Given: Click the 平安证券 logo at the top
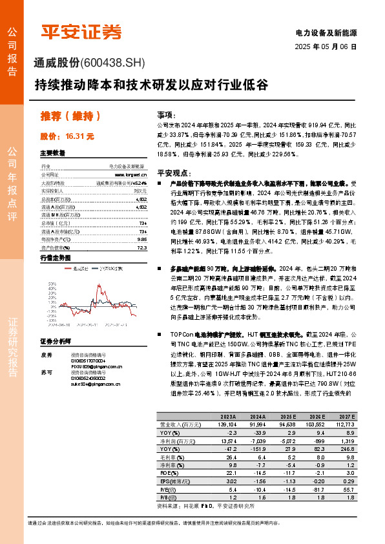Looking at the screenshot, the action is point(81,31).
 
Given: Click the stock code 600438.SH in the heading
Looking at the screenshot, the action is point(115,63).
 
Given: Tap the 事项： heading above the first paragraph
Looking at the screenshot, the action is point(166,113).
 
